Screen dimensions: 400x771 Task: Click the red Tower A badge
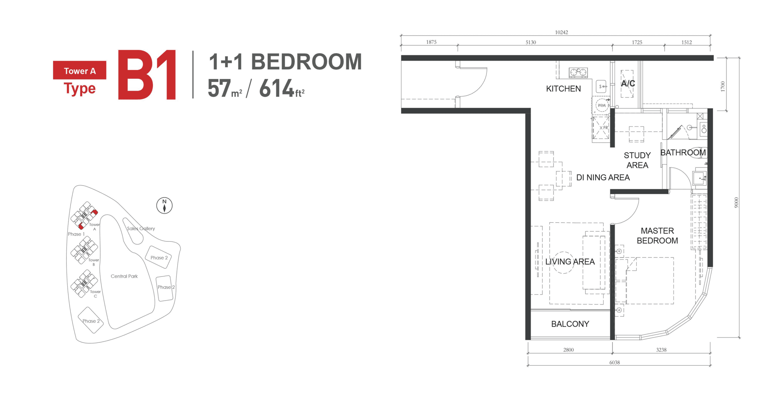click(79, 70)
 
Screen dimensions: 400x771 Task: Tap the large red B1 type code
click(147, 75)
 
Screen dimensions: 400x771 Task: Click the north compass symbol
click(164, 206)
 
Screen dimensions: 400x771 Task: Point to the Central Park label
click(124, 276)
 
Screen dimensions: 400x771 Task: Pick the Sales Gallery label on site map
click(141, 228)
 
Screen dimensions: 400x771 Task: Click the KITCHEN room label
click(563, 89)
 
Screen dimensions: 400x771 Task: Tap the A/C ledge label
click(628, 83)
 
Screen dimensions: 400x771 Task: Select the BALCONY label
click(570, 324)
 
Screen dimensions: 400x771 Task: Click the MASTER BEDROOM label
click(657, 235)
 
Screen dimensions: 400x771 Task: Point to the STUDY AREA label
click(637, 160)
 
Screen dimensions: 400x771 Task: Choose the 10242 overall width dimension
click(561, 32)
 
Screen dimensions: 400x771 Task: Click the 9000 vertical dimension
click(736, 203)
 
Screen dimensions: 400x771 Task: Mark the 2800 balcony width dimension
click(568, 350)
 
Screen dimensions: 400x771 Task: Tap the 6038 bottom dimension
click(614, 362)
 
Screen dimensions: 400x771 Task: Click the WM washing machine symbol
click(602, 105)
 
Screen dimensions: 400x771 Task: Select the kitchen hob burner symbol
click(578, 72)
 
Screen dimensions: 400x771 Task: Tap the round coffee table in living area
click(563, 263)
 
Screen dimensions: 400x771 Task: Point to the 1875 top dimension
click(431, 42)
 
